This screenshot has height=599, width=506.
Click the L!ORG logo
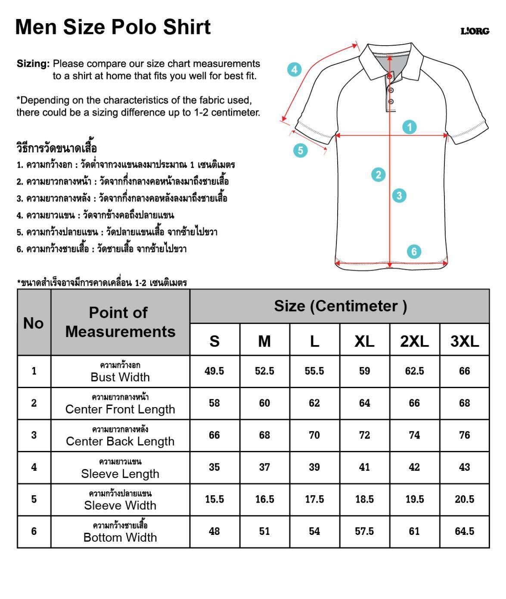click(x=475, y=31)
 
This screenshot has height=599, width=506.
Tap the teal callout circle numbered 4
click(x=294, y=69)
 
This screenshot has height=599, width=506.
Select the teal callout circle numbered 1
click(x=410, y=127)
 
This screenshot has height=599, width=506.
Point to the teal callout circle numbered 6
click(x=414, y=251)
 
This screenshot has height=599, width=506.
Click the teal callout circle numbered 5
click(x=300, y=151)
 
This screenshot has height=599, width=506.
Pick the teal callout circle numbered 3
click(x=399, y=196)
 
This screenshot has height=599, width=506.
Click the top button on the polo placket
click(x=390, y=77)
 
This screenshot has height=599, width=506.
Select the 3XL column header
click(x=464, y=341)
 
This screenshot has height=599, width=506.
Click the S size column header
click(x=214, y=341)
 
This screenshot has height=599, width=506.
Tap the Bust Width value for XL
click(x=364, y=371)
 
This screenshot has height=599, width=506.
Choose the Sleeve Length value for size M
click(x=264, y=467)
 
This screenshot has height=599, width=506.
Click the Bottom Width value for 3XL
click(x=464, y=531)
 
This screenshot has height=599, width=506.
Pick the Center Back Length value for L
click(x=314, y=435)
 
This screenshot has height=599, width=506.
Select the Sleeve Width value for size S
click(x=214, y=499)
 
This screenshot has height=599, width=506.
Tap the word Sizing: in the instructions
click(x=33, y=64)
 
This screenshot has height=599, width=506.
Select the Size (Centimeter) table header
click(x=340, y=306)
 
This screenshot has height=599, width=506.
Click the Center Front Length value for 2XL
click(x=414, y=403)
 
